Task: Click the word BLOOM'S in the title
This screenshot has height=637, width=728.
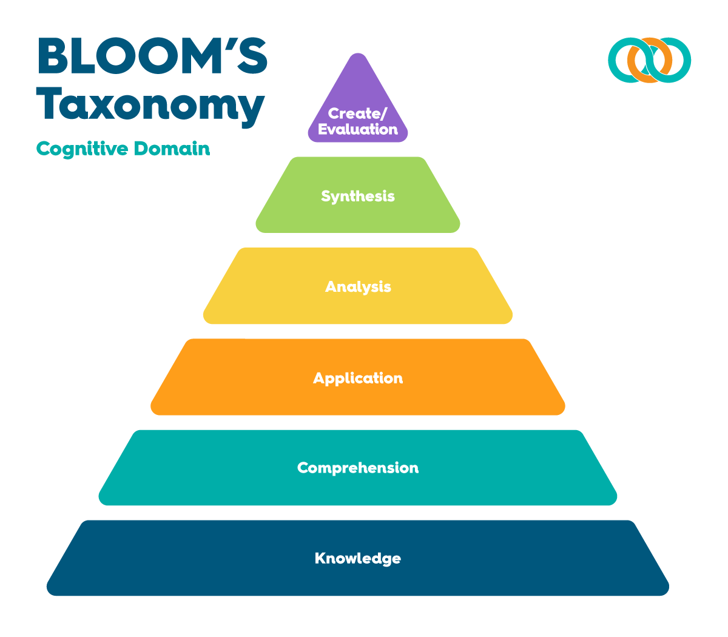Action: click(152, 56)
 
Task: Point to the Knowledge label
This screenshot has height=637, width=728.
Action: click(358, 558)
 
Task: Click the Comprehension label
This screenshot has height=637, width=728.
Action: click(358, 468)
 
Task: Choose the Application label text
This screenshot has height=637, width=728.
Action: click(358, 378)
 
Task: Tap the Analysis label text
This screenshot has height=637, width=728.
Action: click(358, 286)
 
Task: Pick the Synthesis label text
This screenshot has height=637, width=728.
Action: click(358, 196)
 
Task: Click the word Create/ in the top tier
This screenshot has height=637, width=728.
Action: click(357, 113)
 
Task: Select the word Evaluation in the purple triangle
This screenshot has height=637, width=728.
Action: click(358, 129)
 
